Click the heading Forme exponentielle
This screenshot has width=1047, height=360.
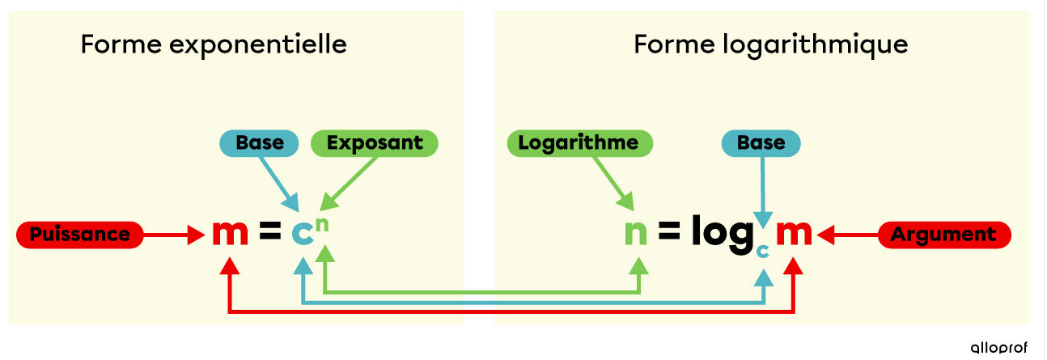(214, 44)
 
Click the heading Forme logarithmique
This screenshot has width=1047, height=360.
(770, 44)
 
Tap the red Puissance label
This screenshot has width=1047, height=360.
(79, 235)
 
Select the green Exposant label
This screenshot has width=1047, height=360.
(374, 143)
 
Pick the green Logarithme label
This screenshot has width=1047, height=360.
(579, 143)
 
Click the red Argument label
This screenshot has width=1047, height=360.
(943, 235)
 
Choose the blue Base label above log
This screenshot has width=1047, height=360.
(761, 143)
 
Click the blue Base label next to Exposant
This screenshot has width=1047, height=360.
(260, 143)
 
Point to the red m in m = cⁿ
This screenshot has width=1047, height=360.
(230, 234)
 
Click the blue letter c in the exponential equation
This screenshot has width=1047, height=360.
(302, 235)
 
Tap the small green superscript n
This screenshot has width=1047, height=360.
(322, 222)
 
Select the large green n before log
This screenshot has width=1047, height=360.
(637, 234)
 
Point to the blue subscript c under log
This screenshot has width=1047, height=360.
(762, 251)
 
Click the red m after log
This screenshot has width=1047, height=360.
(794, 234)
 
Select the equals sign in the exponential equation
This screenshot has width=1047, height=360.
(269, 234)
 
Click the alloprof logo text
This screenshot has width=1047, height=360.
(998, 347)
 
